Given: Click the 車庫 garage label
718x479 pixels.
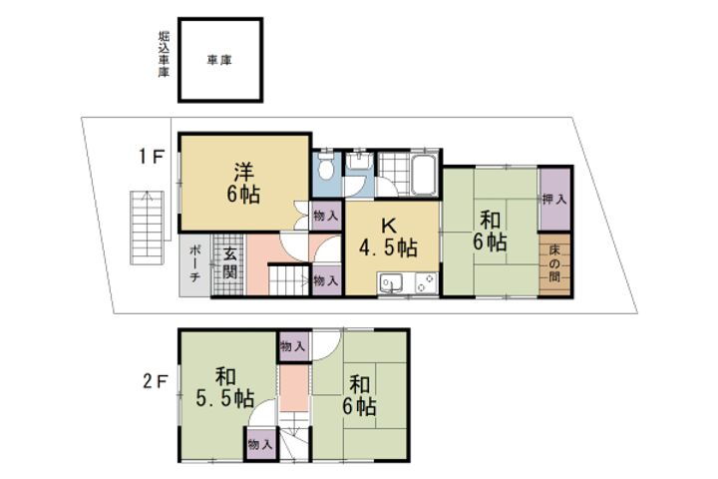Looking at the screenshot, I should pos(220,60).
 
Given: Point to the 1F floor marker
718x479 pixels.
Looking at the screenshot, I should pos(151,157).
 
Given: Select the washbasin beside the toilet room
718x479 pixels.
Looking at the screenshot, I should pos(358,162).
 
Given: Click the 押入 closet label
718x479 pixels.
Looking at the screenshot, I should pos(555,200).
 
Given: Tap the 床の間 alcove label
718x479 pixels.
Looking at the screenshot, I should pos(555,262).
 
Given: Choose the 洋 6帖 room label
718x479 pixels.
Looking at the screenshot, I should pos(242,182).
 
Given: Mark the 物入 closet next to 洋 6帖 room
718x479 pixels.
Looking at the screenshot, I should pos(325,216).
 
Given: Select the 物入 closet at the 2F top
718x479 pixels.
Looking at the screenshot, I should pos(293,346).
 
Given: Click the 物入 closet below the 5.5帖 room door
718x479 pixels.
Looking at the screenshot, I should pos(260,442).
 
